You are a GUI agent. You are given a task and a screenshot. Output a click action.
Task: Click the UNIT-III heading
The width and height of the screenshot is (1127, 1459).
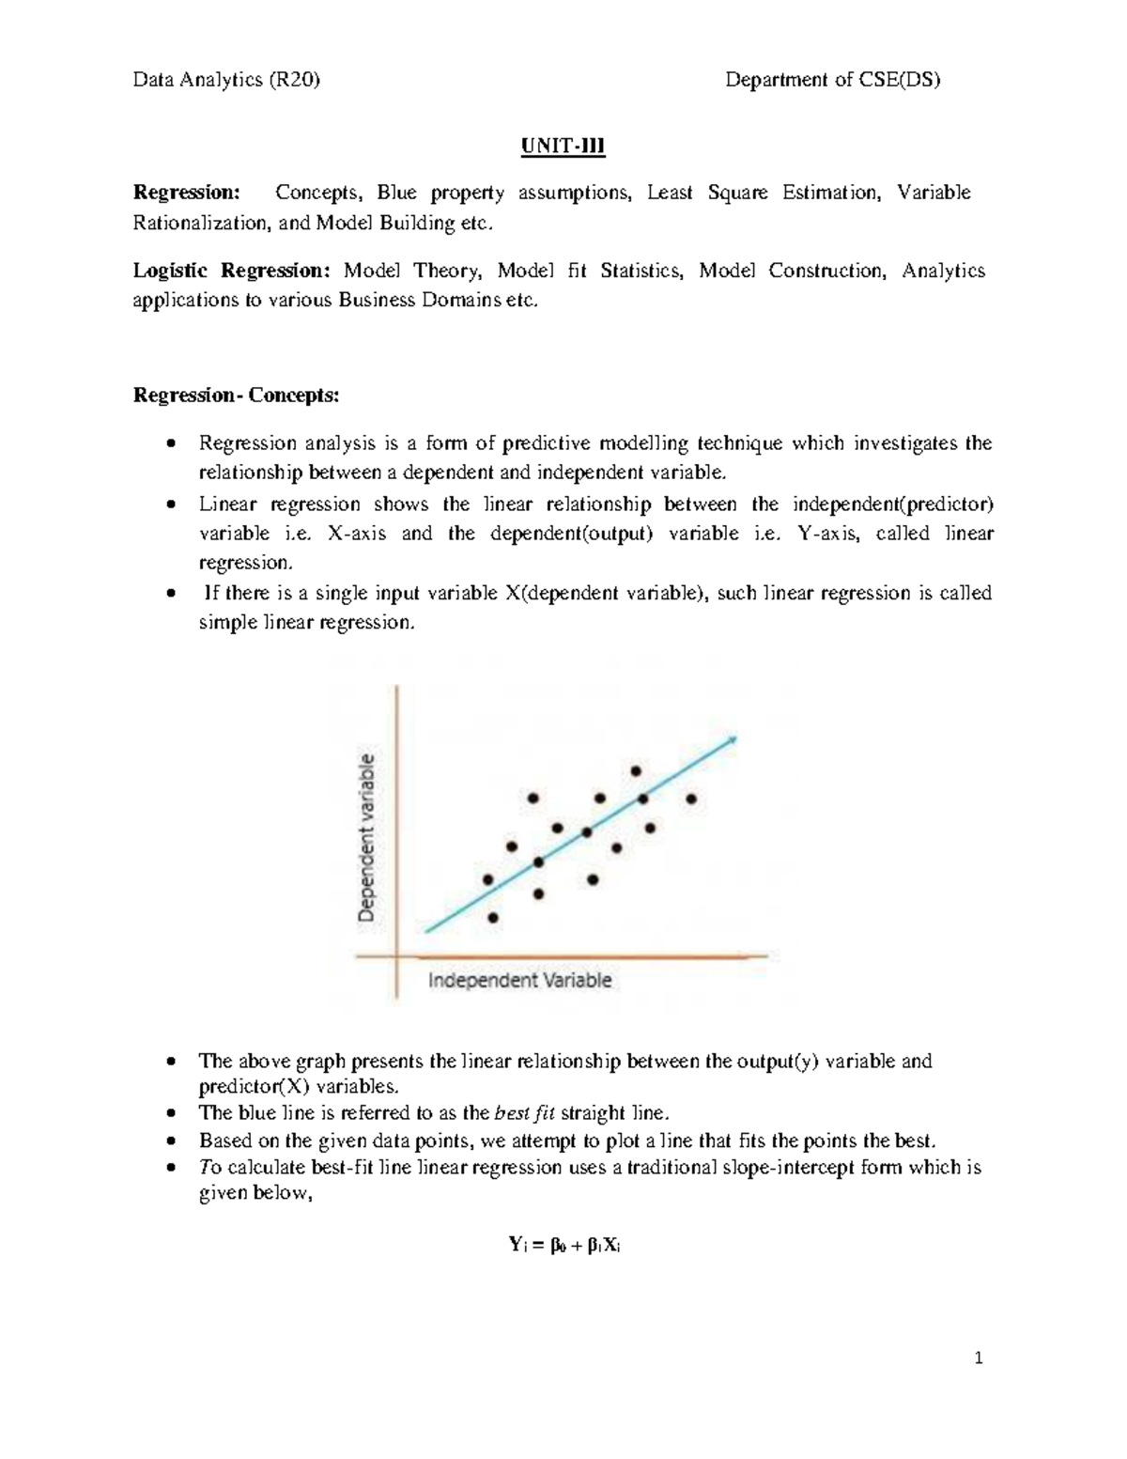click(x=563, y=147)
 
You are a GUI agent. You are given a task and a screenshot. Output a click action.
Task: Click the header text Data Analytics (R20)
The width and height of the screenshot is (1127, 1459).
click(x=226, y=80)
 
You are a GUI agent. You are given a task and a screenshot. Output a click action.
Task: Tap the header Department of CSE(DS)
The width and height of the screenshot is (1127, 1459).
click(x=832, y=80)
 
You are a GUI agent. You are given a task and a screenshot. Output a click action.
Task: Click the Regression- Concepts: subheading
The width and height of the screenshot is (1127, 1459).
click(x=236, y=396)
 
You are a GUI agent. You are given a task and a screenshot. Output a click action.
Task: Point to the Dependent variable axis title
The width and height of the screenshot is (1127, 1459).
click(x=370, y=836)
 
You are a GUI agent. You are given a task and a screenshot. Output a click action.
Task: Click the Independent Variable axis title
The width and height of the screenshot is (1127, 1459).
click(x=519, y=981)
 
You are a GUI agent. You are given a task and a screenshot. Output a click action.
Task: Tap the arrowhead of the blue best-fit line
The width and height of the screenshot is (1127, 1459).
click(x=732, y=740)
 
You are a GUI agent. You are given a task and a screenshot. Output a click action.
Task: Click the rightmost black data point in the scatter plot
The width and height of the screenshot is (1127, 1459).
click(x=691, y=799)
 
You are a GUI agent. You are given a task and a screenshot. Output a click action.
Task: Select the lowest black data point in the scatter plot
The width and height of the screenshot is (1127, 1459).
click(x=494, y=917)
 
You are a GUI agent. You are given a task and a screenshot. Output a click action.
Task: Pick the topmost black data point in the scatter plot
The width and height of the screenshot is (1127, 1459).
click(x=636, y=770)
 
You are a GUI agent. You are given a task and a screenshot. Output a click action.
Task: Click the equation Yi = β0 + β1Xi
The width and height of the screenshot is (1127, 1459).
click(x=563, y=1246)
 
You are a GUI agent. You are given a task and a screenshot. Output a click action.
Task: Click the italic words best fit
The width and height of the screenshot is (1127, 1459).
click(x=524, y=1113)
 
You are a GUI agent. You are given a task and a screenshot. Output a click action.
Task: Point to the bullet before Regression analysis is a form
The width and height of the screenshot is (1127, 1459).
click(x=169, y=443)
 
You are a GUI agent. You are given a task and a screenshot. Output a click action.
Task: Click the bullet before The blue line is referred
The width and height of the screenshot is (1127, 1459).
click(x=169, y=1114)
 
